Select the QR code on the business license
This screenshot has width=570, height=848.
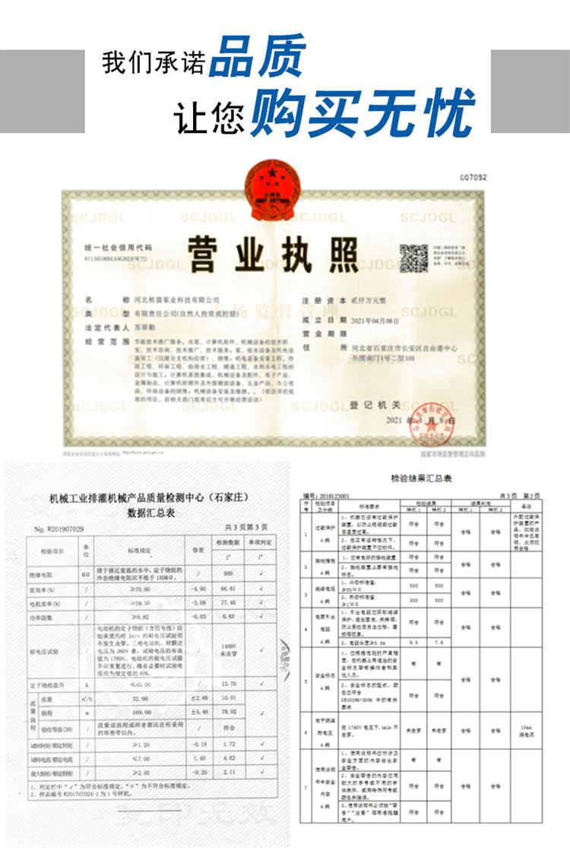point(413,258)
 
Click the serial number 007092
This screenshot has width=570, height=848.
point(472,177)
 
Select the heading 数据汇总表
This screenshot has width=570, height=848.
point(150,513)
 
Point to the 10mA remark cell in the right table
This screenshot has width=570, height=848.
point(525,730)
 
